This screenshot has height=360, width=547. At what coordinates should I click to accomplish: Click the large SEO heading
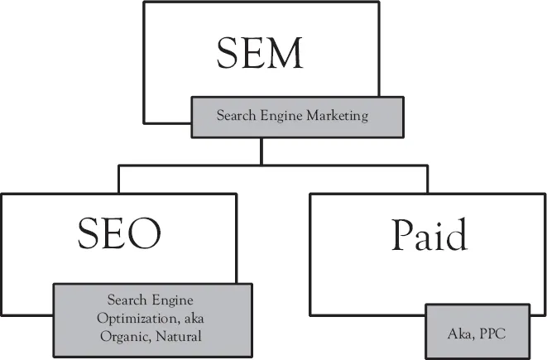click(x=118, y=235)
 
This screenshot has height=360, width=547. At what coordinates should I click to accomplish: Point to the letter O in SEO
click(x=144, y=235)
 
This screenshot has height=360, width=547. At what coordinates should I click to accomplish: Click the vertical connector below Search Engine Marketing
click(x=261, y=151)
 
